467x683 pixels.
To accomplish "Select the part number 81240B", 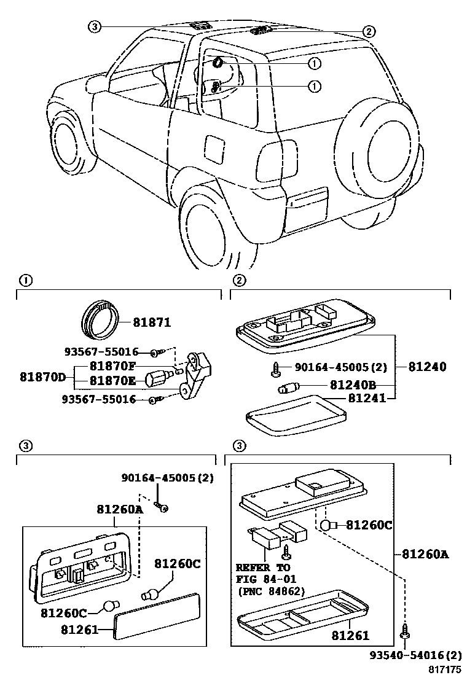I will [x=352, y=385].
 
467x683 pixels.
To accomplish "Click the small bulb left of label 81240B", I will [x=288, y=388].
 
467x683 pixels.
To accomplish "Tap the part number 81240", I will [x=427, y=367].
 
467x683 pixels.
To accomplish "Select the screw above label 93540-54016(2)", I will [x=405, y=631].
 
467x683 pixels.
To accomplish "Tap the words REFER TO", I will [x=263, y=567].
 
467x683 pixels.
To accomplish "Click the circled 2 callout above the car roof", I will [x=367, y=31].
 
